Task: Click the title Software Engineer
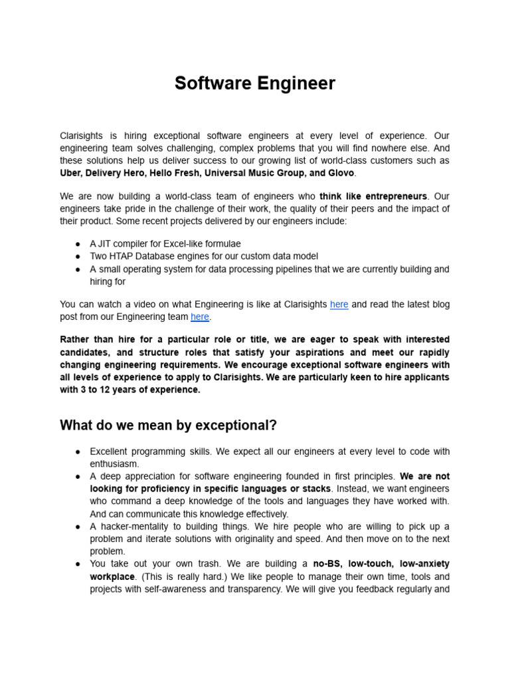click(255, 84)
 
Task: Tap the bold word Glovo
click(341, 173)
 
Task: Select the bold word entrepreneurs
click(393, 197)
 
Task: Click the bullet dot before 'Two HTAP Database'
click(78, 256)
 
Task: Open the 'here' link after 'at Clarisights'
click(339, 305)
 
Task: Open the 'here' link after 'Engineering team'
click(200, 317)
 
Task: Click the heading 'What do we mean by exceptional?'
click(168, 426)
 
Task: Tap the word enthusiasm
click(114, 464)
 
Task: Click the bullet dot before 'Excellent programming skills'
click(78, 452)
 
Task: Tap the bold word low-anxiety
click(425, 564)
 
